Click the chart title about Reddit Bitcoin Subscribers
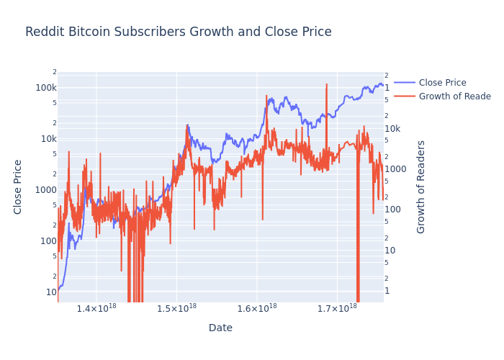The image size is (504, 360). click(178, 32)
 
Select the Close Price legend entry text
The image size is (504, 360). click(442, 83)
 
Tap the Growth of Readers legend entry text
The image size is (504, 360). click(454, 96)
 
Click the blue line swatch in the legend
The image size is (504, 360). click(405, 83)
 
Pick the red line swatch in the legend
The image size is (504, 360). click(405, 96)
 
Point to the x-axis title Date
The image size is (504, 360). click(220, 328)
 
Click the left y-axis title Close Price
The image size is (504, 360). click(19, 186)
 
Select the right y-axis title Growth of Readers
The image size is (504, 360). click(422, 186)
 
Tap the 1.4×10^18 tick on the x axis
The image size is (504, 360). click(96, 308)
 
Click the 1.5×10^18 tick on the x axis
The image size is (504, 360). click(176, 308)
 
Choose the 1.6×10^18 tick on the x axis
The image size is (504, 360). click(257, 308)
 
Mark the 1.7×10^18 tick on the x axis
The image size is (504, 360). click(337, 308)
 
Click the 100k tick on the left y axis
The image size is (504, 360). click(46, 88)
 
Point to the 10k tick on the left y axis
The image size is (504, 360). click(48, 139)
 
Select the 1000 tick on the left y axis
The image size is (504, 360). click(46, 190)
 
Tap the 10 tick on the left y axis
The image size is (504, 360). click(51, 292)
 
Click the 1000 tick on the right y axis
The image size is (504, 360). click(395, 169)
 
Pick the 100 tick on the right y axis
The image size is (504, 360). click(392, 210)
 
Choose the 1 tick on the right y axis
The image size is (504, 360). click(387, 291)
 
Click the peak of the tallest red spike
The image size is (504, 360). click(326, 84)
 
